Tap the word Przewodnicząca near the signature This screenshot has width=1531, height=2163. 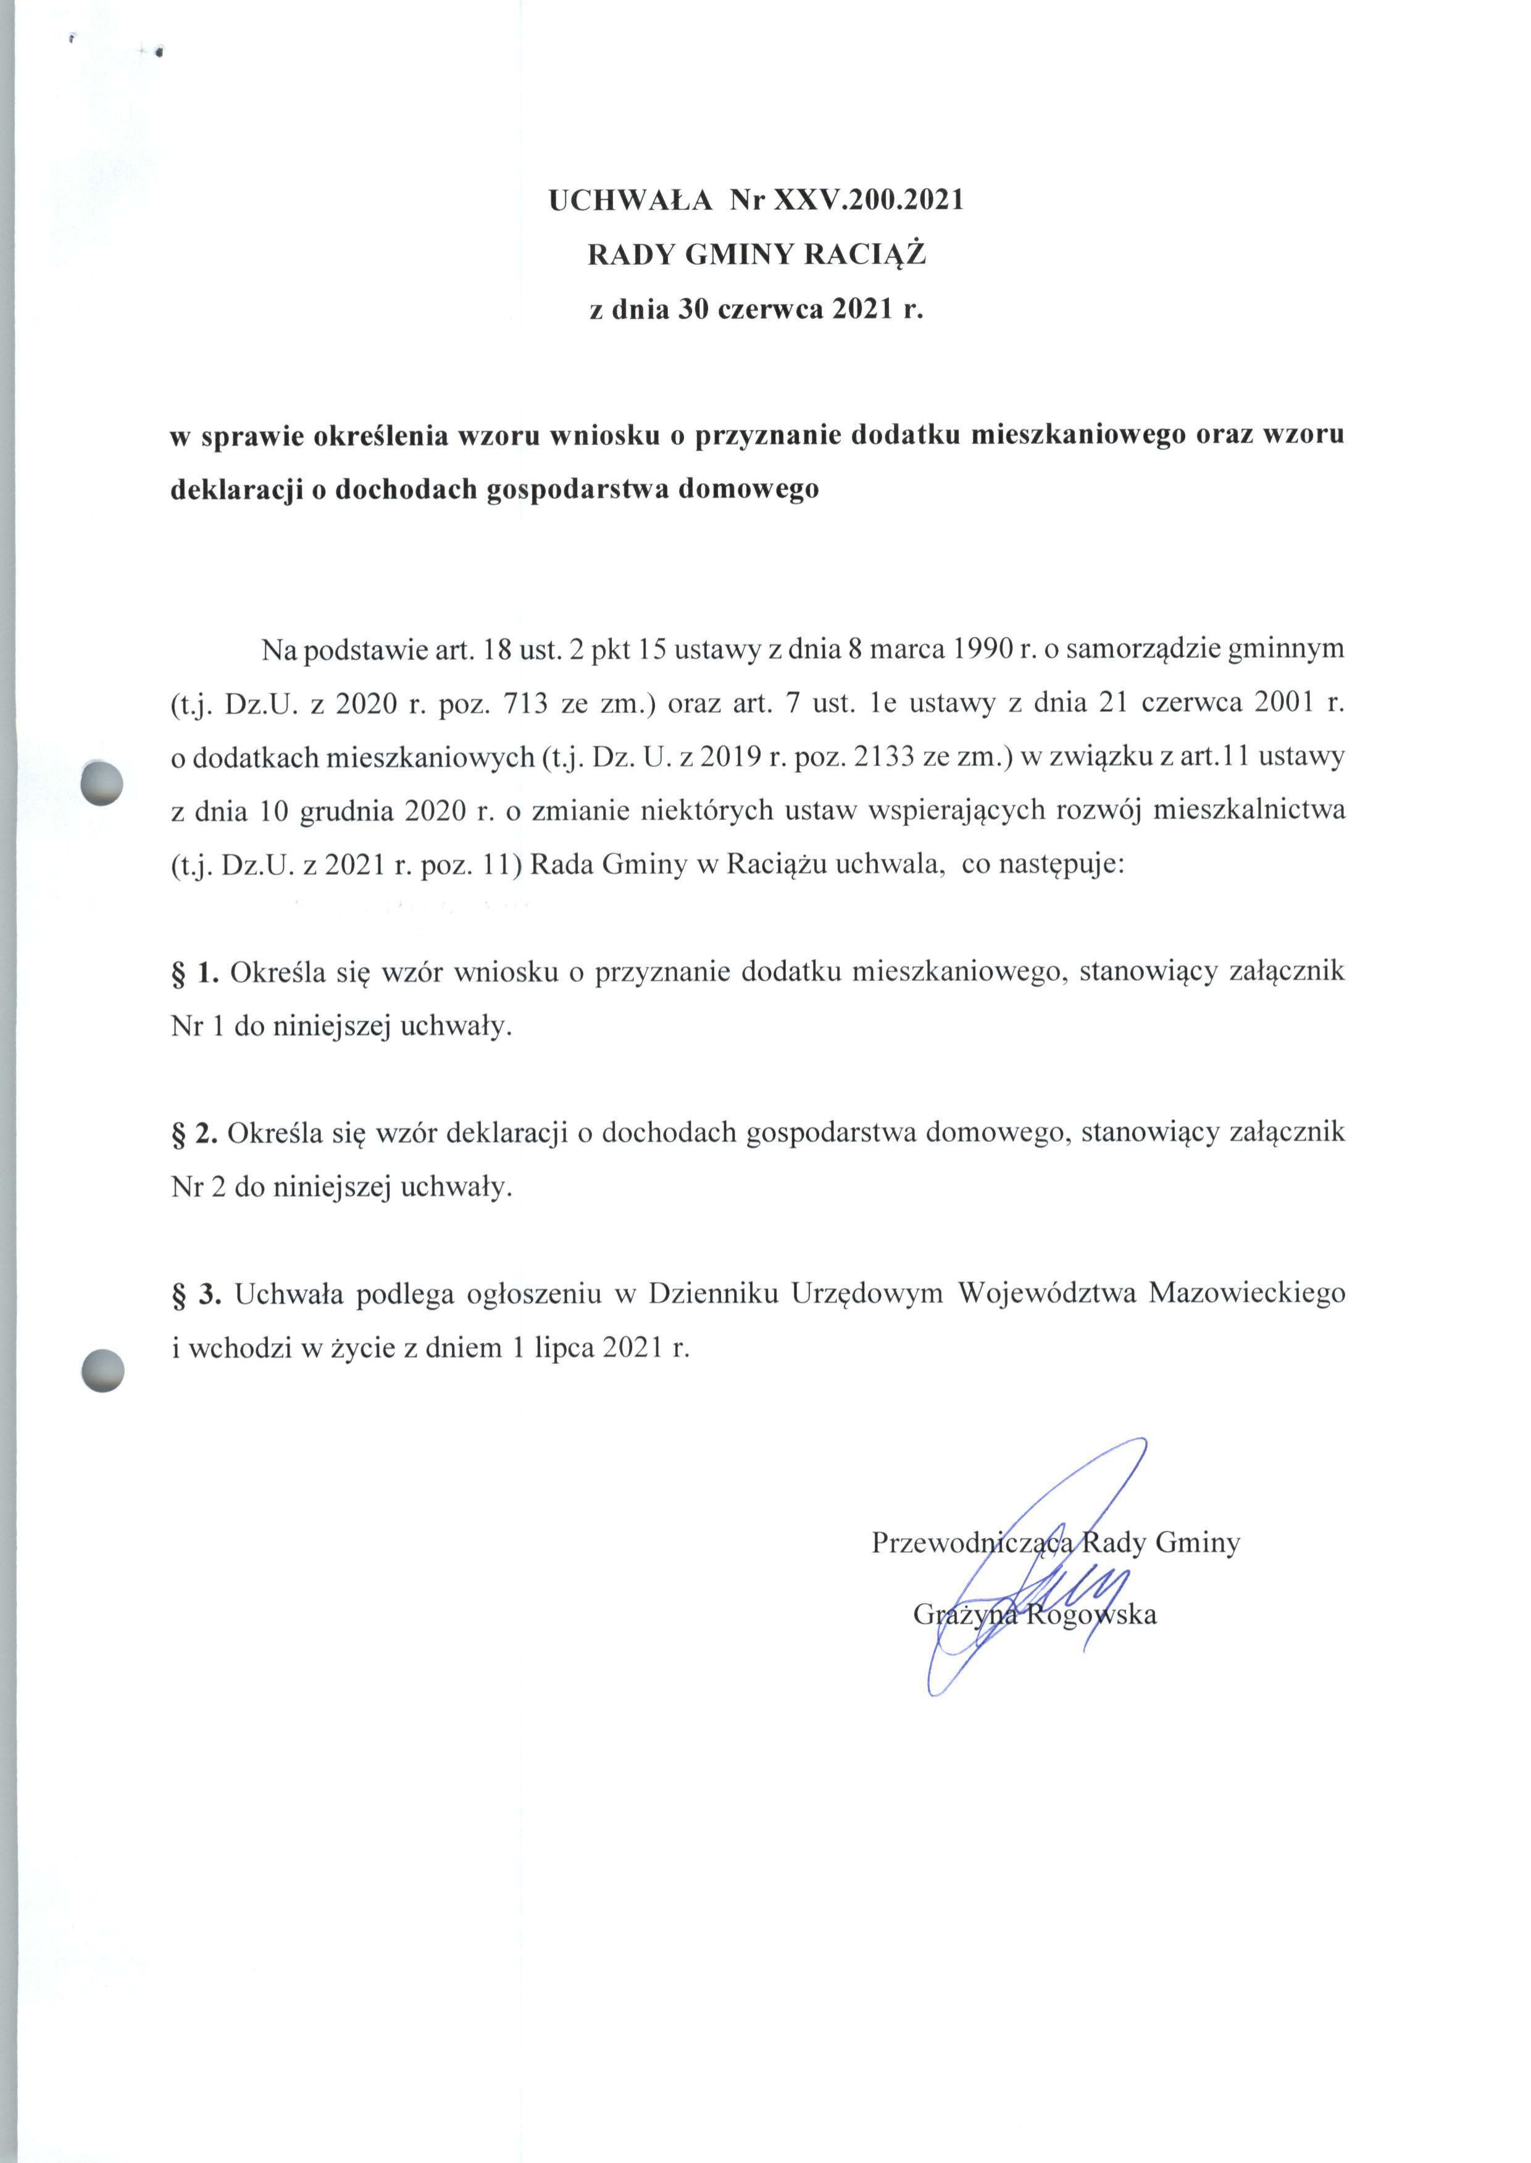[x=971, y=1543]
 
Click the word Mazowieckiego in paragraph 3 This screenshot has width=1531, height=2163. [x=1246, y=1294]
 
